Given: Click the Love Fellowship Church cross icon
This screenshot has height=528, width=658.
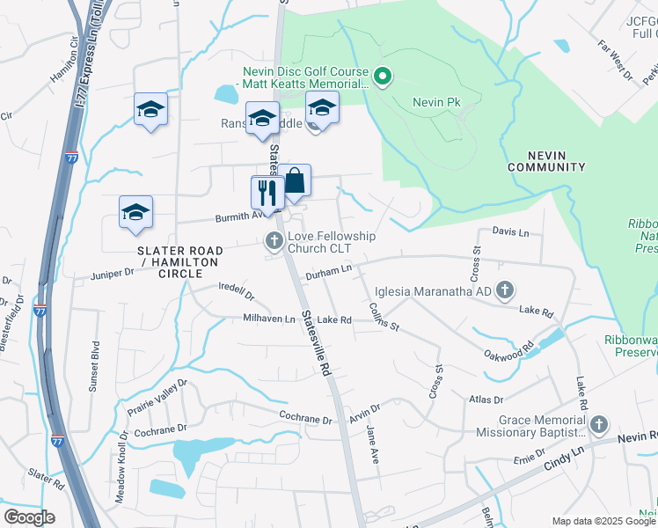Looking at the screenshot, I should (274, 239).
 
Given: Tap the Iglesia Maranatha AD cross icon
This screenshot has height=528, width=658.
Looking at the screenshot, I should (505, 289).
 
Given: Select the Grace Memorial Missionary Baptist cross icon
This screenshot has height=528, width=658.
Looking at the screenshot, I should (598, 425).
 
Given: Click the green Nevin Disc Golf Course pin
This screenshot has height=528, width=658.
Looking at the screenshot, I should (382, 78).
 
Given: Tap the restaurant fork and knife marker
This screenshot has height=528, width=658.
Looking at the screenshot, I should (267, 193).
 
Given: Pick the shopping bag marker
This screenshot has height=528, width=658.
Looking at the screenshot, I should (296, 181).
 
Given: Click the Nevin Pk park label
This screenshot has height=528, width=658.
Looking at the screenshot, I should (436, 103).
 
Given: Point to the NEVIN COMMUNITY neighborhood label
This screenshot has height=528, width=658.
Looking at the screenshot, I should (546, 160).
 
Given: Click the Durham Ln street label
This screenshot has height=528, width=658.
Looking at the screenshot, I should (328, 275).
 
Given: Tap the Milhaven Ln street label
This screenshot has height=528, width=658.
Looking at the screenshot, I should (269, 319).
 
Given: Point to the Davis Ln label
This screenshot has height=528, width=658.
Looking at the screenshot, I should (510, 232).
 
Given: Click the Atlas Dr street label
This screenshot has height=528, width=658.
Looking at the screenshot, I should (485, 399).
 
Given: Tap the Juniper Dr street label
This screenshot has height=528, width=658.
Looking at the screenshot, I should (112, 275).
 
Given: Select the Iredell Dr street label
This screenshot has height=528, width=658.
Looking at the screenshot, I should (237, 292).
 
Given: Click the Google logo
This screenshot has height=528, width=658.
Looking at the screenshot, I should (29, 517).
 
